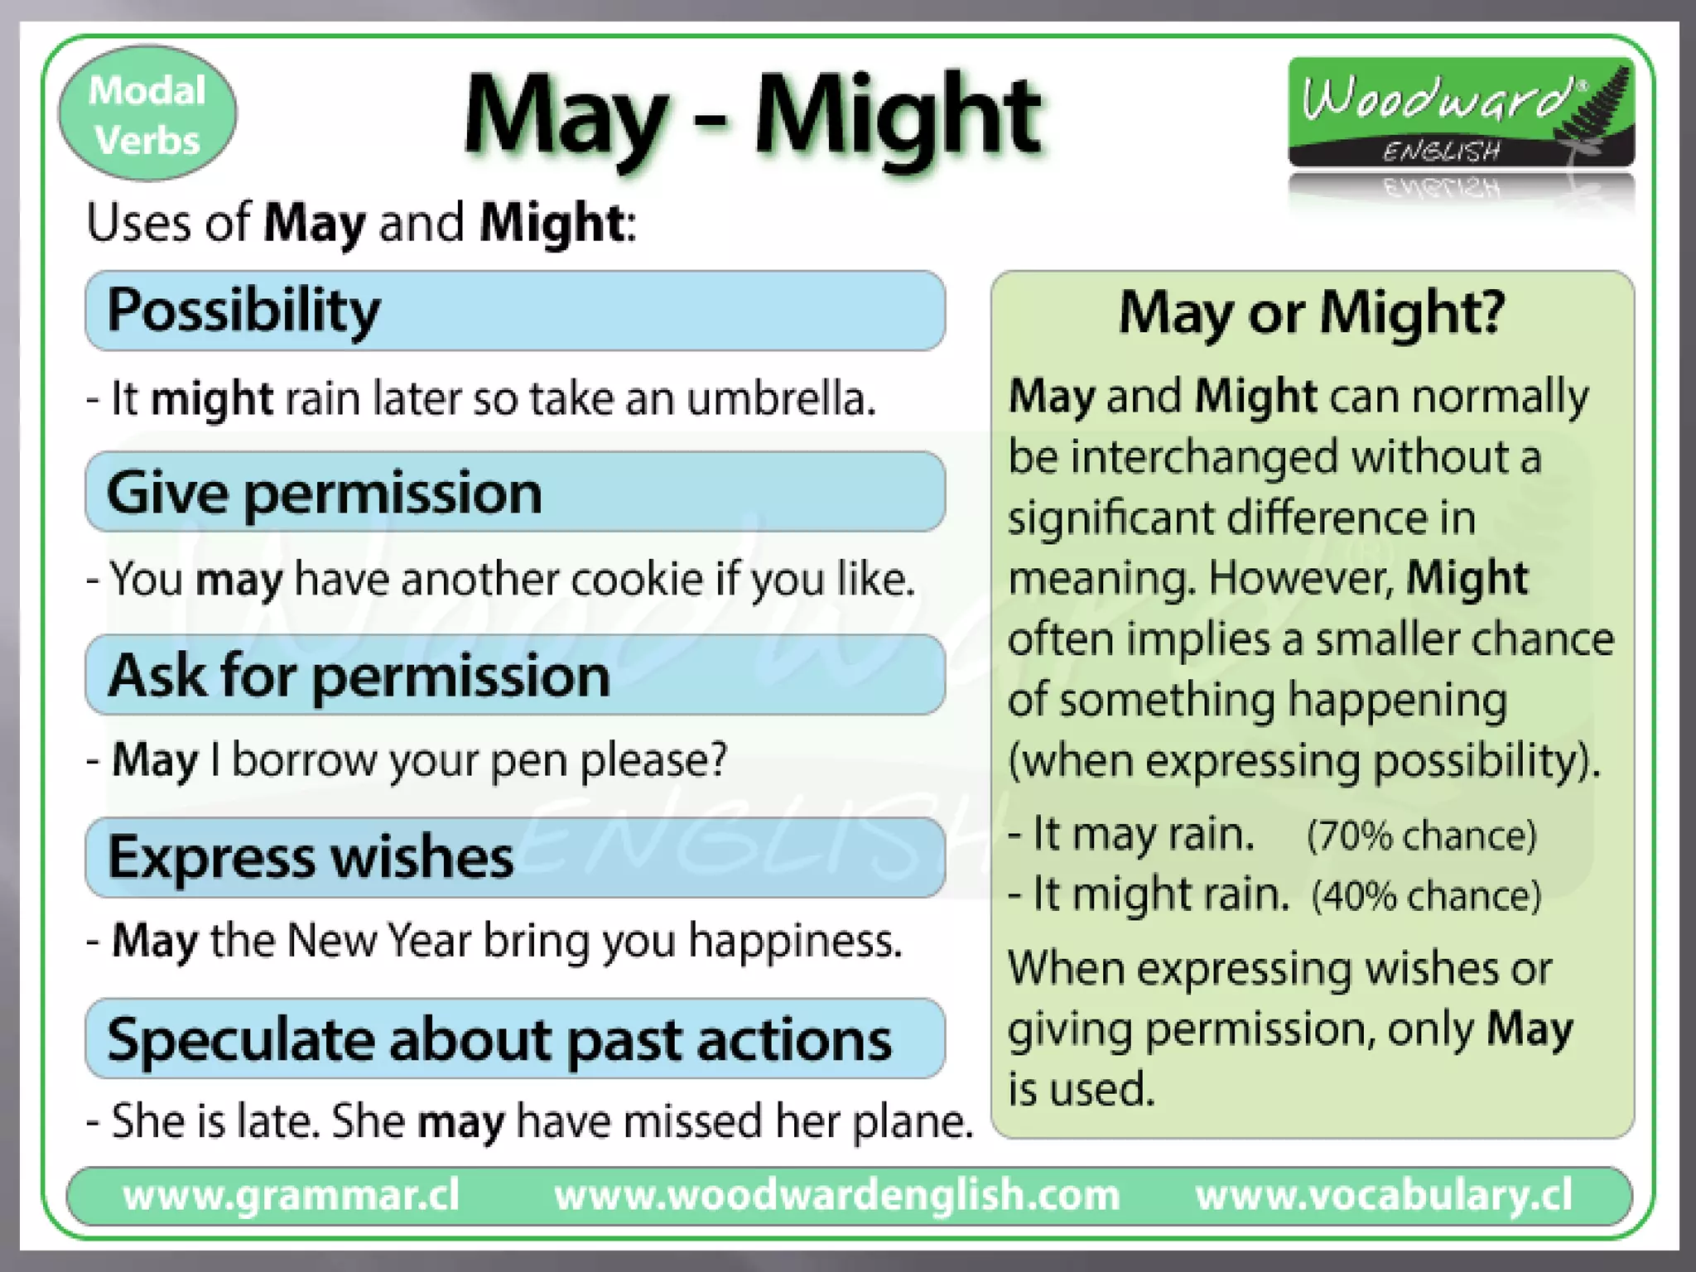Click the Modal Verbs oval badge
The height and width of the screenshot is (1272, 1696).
point(147,114)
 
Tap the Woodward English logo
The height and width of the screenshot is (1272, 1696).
point(1461,112)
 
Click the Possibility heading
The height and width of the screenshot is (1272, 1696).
point(243,311)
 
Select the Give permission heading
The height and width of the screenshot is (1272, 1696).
point(324,493)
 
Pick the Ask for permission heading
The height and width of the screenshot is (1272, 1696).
point(359,675)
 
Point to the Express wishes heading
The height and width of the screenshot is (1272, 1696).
point(311,856)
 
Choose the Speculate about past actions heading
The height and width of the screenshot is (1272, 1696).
point(499,1039)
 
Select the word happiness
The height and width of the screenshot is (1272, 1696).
point(795,942)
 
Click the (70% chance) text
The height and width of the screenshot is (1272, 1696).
point(1421,835)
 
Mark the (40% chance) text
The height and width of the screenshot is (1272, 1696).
point(1426,896)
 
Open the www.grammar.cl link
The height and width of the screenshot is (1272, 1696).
point(291,1195)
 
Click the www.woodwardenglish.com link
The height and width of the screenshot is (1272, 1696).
point(836,1195)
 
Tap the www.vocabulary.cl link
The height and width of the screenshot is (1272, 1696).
point(1383,1195)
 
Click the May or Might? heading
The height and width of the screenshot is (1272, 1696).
point(1312,313)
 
